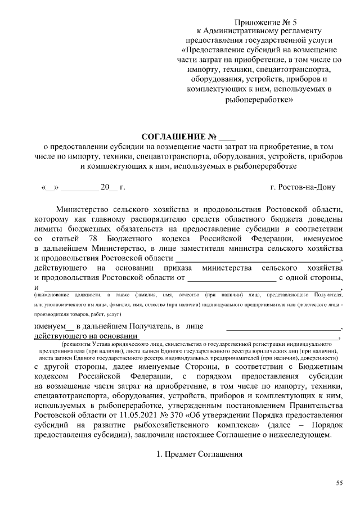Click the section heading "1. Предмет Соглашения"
click(x=199, y=454)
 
